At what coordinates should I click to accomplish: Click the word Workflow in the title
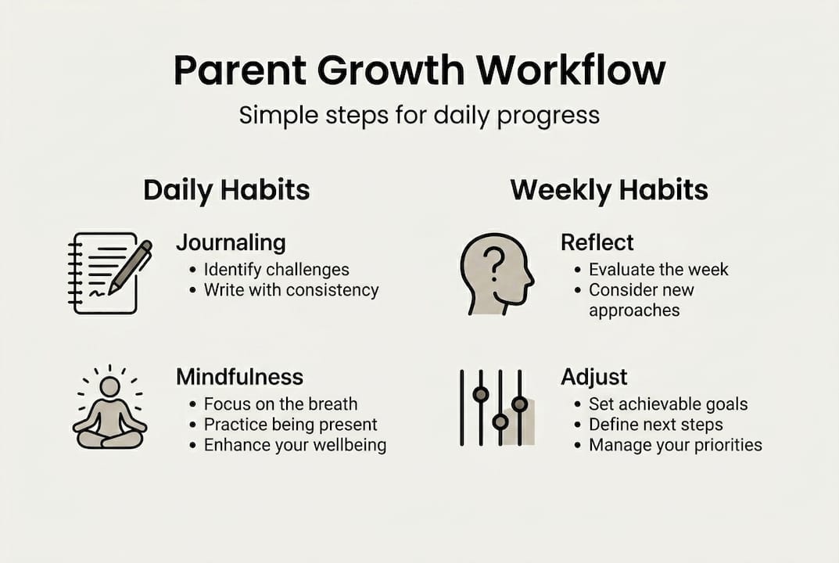coord(571,70)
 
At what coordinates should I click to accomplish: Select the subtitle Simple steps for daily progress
coord(419,116)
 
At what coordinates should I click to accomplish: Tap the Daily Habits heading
coord(226,190)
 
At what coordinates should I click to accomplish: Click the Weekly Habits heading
coord(609,190)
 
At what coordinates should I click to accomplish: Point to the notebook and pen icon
coord(110,273)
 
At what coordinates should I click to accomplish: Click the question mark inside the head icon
coord(494,266)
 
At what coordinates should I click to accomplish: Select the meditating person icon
coord(109,407)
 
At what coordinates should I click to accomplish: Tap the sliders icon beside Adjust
coord(497,408)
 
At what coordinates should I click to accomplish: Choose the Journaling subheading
coord(231,243)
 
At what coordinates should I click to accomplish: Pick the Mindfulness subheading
coord(240,377)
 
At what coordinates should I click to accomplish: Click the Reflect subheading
coord(597,242)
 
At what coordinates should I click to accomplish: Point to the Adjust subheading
coord(594,378)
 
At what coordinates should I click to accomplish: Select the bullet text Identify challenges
coord(277,270)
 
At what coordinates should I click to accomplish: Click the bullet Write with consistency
coord(292,290)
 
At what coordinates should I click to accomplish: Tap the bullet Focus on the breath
coord(281,403)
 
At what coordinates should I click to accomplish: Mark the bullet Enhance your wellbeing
coord(295,445)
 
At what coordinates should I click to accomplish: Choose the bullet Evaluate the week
coord(658,269)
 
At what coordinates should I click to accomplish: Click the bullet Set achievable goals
coord(669,404)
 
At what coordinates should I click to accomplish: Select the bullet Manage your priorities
coord(676,445)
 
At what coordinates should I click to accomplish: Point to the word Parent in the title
coord(240,70)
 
